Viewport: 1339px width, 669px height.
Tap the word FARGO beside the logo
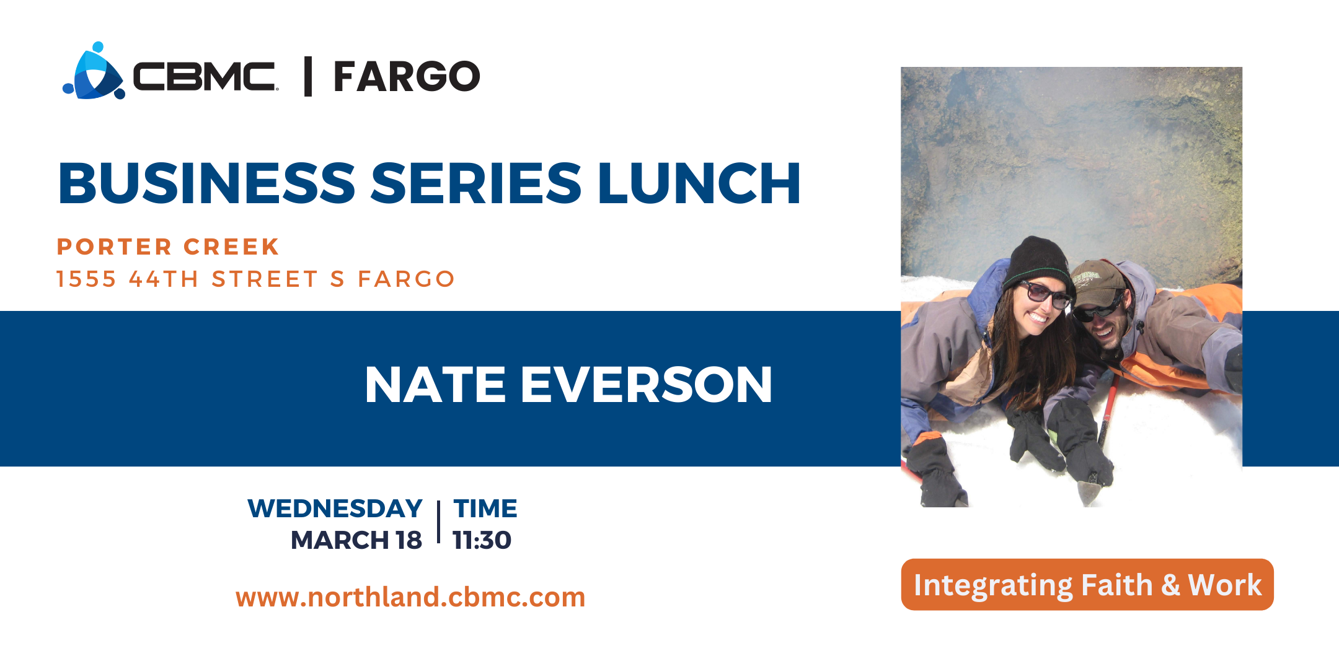click(x=407, y=77)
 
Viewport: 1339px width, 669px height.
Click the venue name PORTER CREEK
click(x=168, y=247)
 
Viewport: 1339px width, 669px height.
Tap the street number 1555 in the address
click(x=86, y=279)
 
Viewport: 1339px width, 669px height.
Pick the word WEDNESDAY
click(x=335, y=509)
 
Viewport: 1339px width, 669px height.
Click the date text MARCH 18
click(x=356, y=540)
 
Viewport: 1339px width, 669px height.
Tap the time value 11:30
click(x=482, y=540)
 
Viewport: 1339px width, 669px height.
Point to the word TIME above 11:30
click(x=485, y=509)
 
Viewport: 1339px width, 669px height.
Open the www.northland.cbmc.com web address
click(x=410, y=597)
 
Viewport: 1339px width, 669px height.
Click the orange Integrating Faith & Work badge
click(x=1087, y=585)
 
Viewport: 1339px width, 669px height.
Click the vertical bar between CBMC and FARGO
click(x=308, y=77)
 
